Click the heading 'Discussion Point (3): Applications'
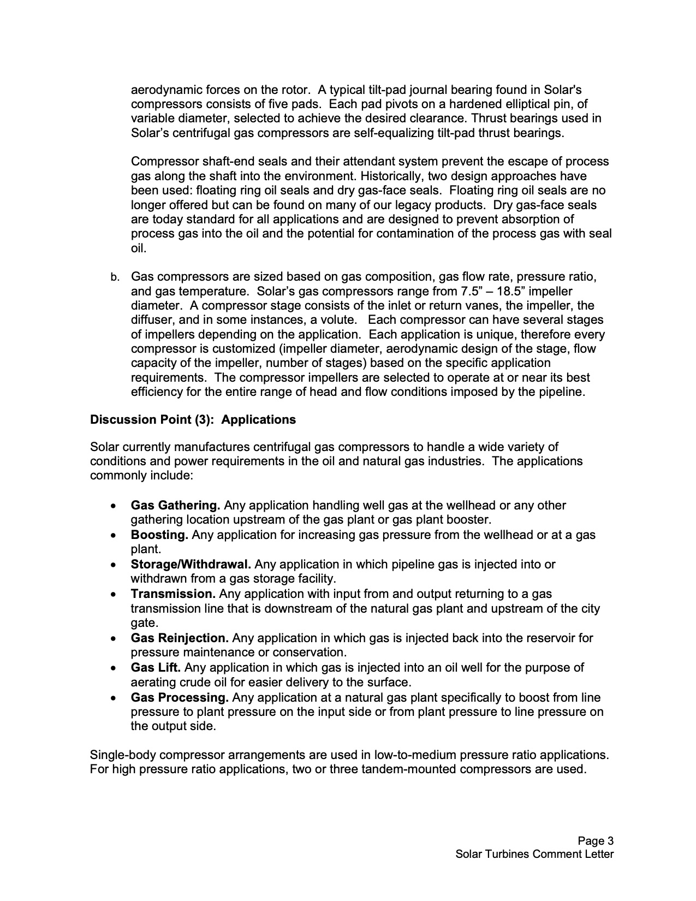click(193, 419)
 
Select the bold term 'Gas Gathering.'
click(175, 505)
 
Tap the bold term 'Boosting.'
click(159, 535)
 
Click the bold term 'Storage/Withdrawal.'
click(191, 564)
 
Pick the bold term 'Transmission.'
click(173, 594)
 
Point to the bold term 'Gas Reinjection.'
click(180, 638)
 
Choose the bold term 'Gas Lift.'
click(156, 667)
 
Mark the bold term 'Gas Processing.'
click(179, 697)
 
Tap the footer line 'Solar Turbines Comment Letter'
click(534, 854)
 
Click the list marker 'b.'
click(115, 277)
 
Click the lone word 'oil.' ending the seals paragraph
click(139, 248)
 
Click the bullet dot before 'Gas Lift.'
click(113, 668)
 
